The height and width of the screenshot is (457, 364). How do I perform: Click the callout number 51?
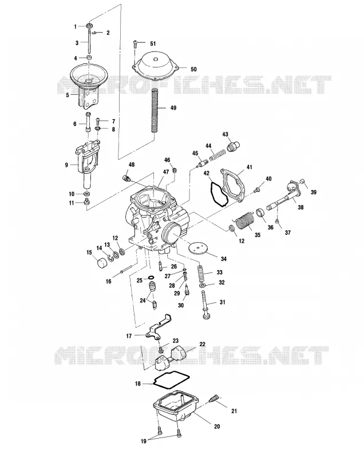(153, 44)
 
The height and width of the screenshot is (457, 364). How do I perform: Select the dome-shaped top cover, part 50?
(155, 67)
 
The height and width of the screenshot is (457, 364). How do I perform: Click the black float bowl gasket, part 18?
(172, 379)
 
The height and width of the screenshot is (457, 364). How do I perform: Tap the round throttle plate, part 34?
(199, 248)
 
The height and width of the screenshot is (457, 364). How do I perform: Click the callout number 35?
(257, 235)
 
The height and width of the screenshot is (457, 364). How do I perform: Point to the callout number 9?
(66, 165)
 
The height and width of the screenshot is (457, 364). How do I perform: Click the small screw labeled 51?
(135, 44)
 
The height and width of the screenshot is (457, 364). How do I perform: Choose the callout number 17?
(129, 336)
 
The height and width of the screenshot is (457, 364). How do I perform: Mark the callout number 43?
(225, 134)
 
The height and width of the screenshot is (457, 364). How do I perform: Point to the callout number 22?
(202, 344)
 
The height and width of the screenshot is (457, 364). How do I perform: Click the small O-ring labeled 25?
(152, 277)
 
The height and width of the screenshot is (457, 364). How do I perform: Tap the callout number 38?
(300, 207)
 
